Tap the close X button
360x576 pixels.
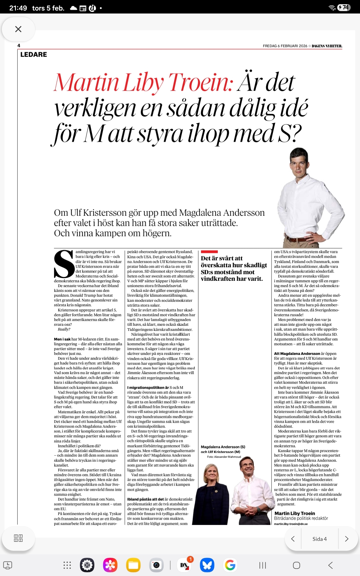point(18,29)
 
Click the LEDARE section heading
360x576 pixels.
point(34,55)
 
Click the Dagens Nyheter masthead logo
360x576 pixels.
point(327,46)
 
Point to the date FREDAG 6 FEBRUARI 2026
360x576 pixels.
point(285,46)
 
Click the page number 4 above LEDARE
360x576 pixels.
point(19,46)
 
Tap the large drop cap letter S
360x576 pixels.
point(64,264)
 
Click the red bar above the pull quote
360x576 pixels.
point(209,252)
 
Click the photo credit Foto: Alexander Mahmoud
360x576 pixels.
point(224,457)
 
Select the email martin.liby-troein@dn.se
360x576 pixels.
point(290,524)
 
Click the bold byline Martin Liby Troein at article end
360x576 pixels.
point(295,513)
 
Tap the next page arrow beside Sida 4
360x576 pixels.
point(346,539)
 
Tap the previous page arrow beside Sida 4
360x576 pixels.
point(293,539)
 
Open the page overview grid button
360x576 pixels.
point(18,538)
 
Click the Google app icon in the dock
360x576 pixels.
point(230,565)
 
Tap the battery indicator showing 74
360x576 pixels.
point(344,7)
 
